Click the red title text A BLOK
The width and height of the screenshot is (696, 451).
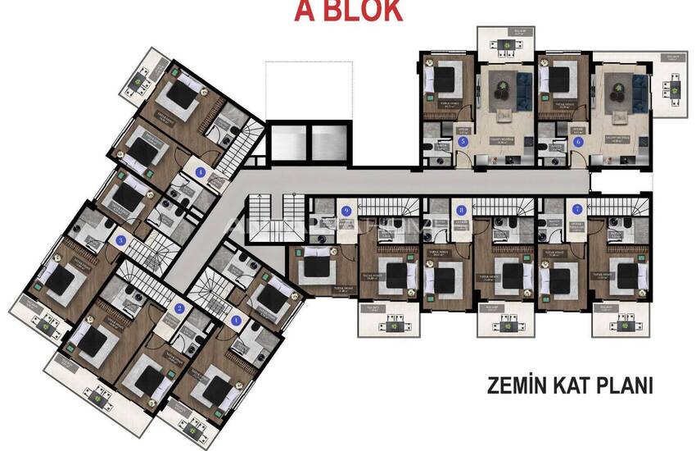coord(348,11)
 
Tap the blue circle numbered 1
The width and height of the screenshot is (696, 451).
coord(237,321)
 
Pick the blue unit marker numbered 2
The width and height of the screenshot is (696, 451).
coord(179,309)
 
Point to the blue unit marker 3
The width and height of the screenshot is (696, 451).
coord(121,240)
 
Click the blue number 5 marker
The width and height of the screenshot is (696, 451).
coord(463,142)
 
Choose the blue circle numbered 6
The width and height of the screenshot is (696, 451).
coord(579,142)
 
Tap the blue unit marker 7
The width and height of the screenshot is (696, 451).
coord(578,210)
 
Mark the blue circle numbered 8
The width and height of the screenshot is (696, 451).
coord(461,210)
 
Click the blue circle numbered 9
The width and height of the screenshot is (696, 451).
coord(346,211)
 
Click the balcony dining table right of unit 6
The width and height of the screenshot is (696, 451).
coord(674,81)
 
